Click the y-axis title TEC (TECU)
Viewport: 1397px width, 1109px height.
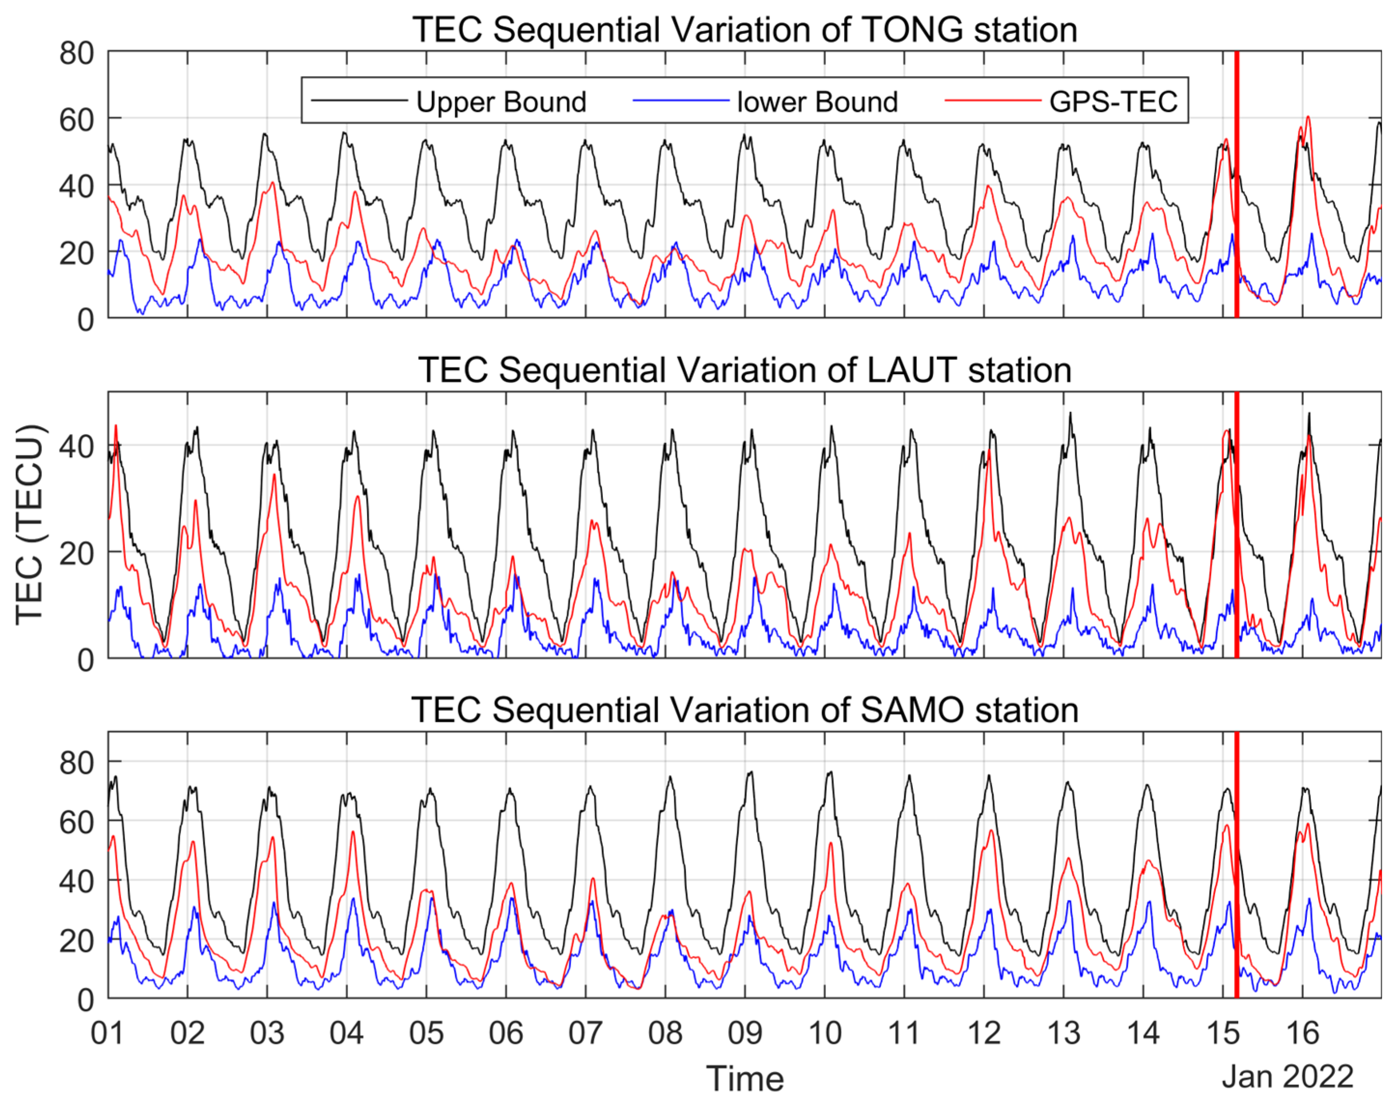click(x=29, y=525)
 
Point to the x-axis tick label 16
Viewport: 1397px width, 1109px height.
click(x=1302, y=1033)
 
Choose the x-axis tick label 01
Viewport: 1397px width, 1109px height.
click(x=108, y=1033)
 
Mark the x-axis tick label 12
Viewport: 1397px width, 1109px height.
click(x=984, y=1033)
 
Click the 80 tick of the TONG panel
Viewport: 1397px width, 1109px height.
click(x=76, y=53)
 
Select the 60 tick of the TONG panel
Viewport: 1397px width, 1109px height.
click(x=76, y=120)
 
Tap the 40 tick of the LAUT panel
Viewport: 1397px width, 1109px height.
click(x=76, y=447)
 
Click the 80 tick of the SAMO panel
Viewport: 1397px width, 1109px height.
click(x=76, y=763)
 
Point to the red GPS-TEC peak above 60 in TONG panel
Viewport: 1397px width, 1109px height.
click(x=1308, y=118)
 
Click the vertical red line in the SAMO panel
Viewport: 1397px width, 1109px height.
click(x=1236, y=869)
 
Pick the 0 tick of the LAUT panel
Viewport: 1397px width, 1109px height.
click(x=85, y=660)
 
